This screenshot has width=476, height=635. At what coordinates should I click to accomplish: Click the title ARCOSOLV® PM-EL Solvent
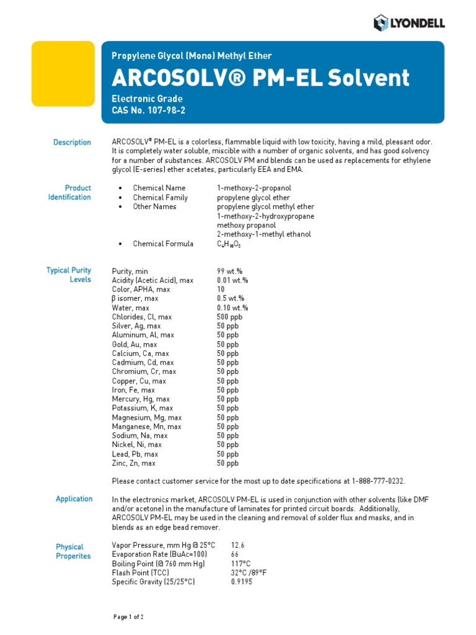click(260, 78)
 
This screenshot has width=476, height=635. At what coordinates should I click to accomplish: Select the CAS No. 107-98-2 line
click(148, 110)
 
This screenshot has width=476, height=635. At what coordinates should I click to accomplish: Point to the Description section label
click(72, 143)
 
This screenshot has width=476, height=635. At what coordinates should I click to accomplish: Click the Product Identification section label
click(69, 192)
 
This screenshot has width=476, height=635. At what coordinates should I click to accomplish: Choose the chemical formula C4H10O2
click(228, 244)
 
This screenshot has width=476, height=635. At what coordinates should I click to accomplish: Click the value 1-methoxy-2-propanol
click(253, 189)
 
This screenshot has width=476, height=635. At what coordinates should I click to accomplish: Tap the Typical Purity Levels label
click(69, 275)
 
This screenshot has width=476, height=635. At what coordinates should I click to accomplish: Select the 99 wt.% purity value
click(229, 272)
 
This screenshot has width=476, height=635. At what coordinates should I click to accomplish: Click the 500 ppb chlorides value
click(229, 317)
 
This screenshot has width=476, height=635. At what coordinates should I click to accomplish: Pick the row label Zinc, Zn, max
click(133, 463)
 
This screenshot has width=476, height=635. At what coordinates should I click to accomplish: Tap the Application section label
click(74, 499)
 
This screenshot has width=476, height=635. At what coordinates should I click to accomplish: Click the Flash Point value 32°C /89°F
click(249, 572)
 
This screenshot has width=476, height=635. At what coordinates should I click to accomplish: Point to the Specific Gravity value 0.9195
click(241, 582)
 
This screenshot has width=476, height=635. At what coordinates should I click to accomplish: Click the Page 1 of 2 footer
click(129, 617)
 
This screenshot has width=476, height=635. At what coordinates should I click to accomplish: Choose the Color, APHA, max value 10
click(221, 290)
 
